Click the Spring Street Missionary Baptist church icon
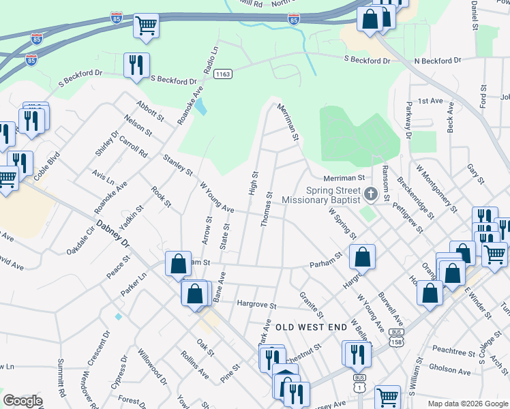[370, 194]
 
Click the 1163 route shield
[222, 73]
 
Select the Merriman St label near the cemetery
[341, 177]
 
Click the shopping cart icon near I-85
[146, 26]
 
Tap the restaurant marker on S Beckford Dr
[136, 65]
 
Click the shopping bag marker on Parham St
[363, 256]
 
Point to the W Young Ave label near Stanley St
[217, 196]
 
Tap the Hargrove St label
[256, 305]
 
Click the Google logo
[22, 401]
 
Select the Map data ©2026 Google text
[468, 404]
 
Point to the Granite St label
[310, 305]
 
